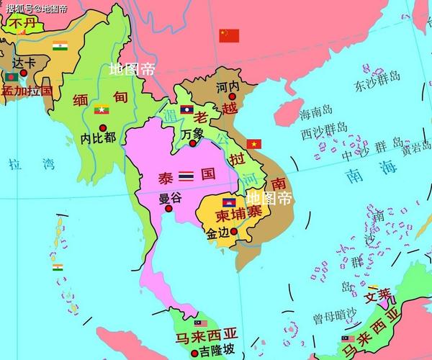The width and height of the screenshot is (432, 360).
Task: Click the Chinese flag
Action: pyautogui.click(x=229, y=35)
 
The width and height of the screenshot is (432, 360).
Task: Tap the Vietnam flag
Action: pyautogui.click(x=254, y=144)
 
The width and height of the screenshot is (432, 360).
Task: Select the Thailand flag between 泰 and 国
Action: pyautogui.click(x=186, y=175)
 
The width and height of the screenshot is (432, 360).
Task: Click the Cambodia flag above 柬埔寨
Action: pyautogui.click(x=229, y=202)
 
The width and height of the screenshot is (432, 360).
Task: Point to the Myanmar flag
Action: pyautogui.click(x=102, y=109)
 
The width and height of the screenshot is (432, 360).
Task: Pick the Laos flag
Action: pyautogui.click(x=186, y=110)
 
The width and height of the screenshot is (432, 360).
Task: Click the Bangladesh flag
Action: pyautogui.click(x=12, y=76)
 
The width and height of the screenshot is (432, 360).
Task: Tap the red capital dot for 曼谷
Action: pyautogui.click(x=168, y=209)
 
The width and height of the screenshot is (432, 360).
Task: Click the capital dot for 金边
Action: pyautogui.click(x=233, y=232)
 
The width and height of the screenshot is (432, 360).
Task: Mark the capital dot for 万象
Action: pyautogui.click(x=192, y=143)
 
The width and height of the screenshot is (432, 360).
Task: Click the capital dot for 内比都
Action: pyautogui.click(x=103, y=127)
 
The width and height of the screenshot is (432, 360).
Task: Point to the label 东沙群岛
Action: pyautogui.click(x=377, y=86)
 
